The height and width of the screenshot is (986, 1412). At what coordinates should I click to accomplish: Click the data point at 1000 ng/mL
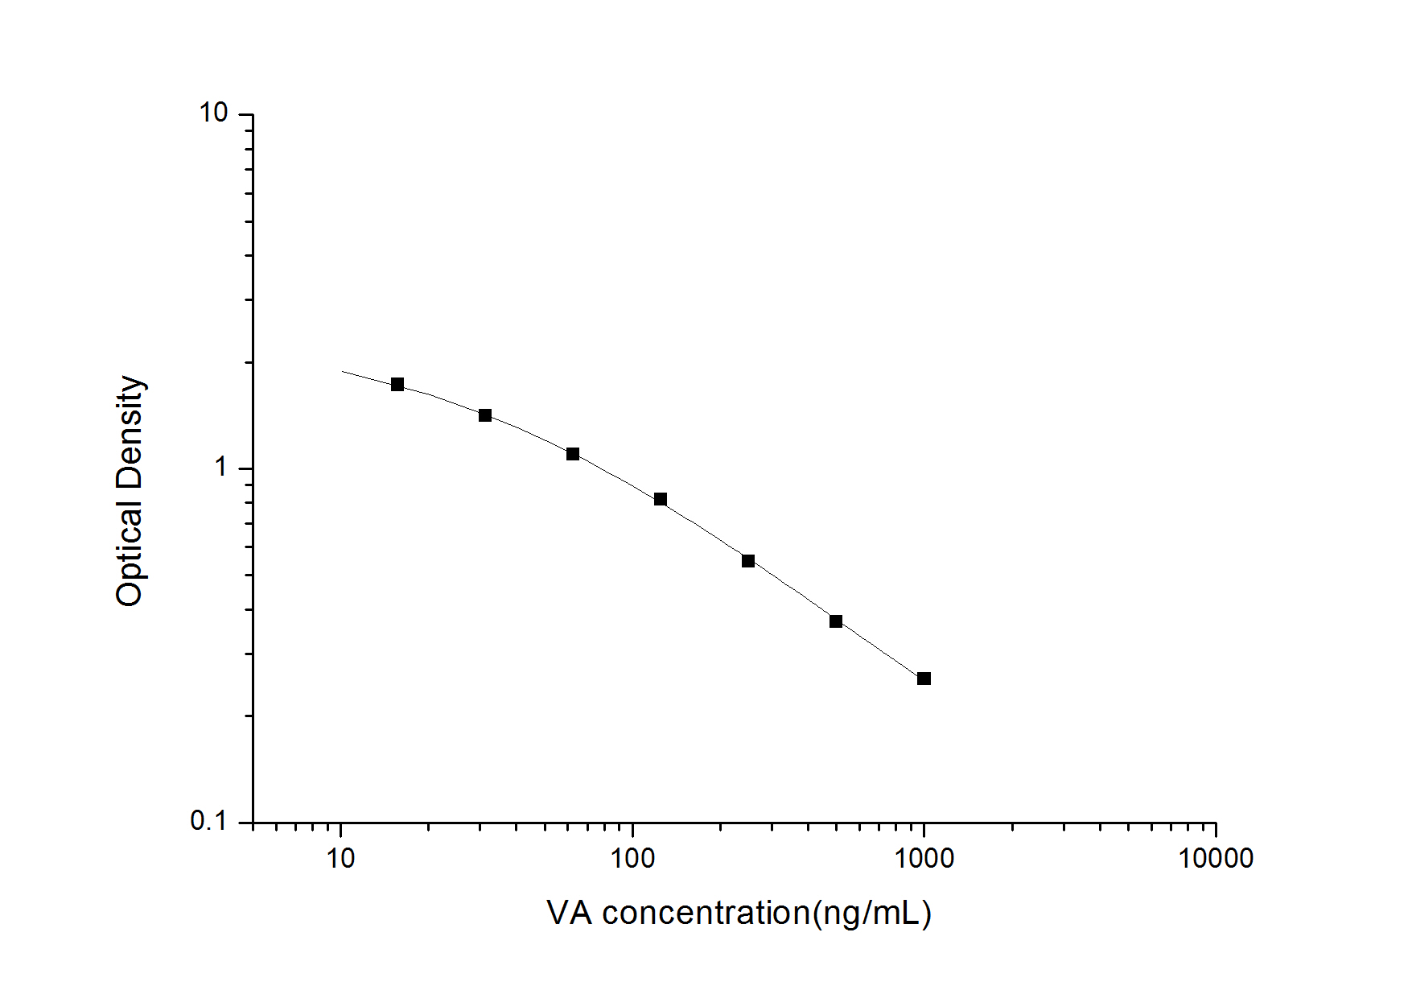pos(924,679)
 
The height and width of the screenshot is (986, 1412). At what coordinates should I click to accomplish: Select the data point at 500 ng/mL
pos(836,621)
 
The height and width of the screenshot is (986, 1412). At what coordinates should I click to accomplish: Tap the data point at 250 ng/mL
pos(748,561)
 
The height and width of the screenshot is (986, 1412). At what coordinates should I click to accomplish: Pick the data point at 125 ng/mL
pos(661,499)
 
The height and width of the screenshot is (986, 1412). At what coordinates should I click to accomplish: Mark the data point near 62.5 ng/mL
pos(573,454)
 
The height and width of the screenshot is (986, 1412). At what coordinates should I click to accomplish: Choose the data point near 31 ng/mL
pos(485,415)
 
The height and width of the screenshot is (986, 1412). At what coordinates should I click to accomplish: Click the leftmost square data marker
pos(397,385)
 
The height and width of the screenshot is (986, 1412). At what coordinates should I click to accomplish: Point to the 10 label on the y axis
pos(213,113)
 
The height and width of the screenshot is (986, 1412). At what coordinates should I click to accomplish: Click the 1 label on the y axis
pos(221,468)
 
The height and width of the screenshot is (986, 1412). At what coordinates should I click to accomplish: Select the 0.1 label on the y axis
pos(209,822)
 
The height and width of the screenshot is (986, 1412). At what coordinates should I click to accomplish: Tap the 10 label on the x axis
pos(341,859)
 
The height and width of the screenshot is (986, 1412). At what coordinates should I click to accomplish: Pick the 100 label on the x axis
pos(632,859)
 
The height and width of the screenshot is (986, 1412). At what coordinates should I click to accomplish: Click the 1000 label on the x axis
pos(924,859)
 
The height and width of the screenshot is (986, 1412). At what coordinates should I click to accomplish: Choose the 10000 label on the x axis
pos(1215,859)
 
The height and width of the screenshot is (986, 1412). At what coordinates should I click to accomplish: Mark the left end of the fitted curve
pos(343,371)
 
